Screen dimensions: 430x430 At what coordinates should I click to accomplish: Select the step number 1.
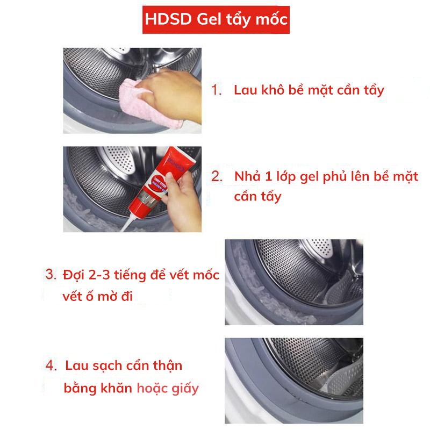(217, 90)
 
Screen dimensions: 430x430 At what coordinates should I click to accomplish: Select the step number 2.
(217, 176)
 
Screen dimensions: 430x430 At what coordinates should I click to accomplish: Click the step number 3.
(51, 275)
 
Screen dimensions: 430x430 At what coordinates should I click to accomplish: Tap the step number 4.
(51, 365)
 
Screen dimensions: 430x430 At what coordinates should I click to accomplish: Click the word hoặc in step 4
(152, 388)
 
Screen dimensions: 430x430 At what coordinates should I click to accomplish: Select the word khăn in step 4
(117, 388)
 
